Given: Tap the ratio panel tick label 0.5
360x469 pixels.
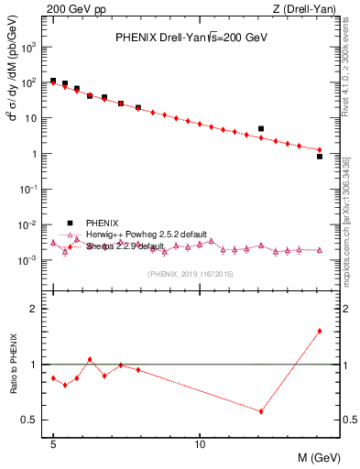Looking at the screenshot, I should click(32, 420).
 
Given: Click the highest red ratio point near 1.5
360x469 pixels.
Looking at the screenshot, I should click(319, 331).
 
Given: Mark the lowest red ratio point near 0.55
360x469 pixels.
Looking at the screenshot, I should click(261, 411).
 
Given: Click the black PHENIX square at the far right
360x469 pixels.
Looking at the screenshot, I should click(319, 157).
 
